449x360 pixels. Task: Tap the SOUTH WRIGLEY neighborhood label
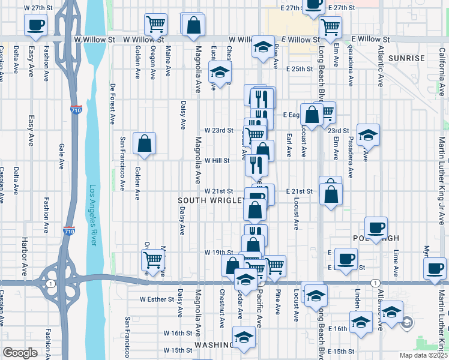(211, 200)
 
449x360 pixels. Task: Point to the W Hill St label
(217, 161)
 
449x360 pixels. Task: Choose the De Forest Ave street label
(112, 103)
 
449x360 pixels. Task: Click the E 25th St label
(300, 69)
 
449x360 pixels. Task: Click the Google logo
(20, 353)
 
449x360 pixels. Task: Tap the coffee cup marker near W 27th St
(35, 25)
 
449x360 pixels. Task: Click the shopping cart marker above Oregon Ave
(155, 25)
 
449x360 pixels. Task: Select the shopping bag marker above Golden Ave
(145, 143)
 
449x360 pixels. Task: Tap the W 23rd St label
(218, 130)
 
